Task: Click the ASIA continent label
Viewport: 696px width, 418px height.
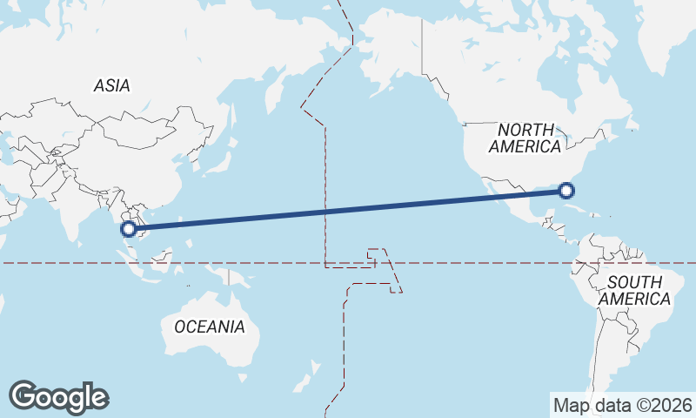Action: click(x=112, y=85)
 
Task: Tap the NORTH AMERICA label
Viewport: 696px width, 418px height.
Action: click(x=525, y=138)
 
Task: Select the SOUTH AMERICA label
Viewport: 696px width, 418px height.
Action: click(x=635, y=291)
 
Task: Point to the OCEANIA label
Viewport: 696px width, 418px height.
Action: click(x=210, y=327)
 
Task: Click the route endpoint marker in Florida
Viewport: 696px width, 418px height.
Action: click(x=566, y=190)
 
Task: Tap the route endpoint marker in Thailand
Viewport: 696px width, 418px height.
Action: click(x=129, y=229)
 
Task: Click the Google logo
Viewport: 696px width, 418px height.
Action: click(x=58, y=396)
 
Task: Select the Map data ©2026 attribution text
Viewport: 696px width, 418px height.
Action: click(x=623, y=405)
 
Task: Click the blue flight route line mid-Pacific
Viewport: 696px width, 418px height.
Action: click(x=348, y=210)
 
